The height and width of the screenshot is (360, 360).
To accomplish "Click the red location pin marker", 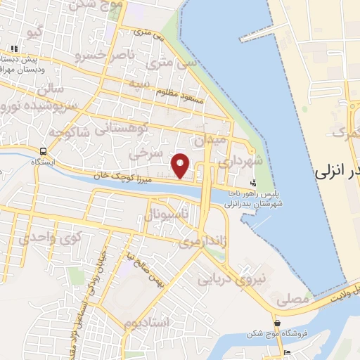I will [181, 165].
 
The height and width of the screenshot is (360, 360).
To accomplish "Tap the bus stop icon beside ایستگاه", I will [44, 151].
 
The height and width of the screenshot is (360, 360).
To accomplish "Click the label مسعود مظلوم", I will [178, 94].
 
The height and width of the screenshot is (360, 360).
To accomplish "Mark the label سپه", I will [137, 83].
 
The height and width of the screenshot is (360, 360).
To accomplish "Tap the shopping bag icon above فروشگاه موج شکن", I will [278, 324].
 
